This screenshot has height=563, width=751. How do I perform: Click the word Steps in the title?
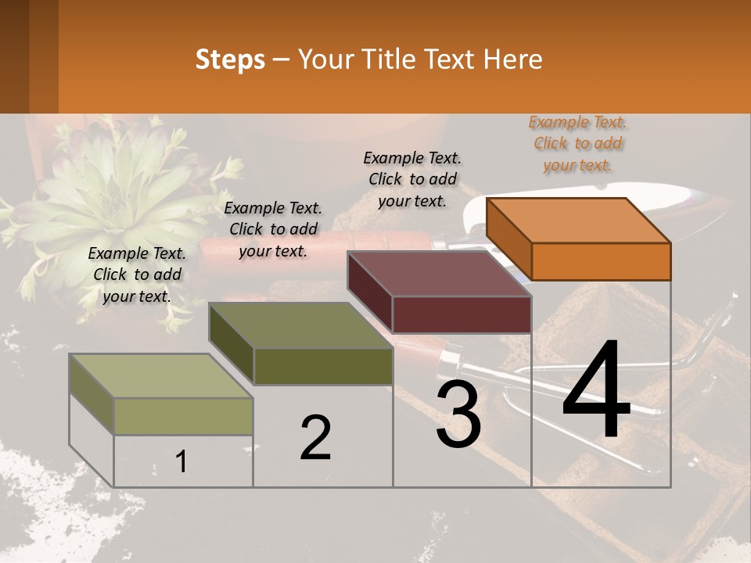tap(230, 59)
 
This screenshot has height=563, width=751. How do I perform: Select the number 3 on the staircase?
tap(458, 414)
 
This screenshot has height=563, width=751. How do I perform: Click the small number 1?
tap(181, 461)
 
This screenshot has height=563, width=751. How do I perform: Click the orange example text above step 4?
tap(578, 144)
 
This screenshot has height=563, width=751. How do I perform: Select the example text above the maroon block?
tap(412, 179)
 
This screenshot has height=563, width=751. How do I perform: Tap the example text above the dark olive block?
tap(273, 229)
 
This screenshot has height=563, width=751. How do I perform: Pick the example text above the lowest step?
tap(137, 274)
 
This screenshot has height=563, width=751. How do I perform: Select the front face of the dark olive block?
tap(323, 366)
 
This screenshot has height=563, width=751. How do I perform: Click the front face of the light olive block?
tap(183, 416)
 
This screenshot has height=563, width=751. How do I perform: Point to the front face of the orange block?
tap(601, 261)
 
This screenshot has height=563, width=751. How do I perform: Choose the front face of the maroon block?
tap(462, 314)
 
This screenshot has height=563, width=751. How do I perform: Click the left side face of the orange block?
tap(508, 238)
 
